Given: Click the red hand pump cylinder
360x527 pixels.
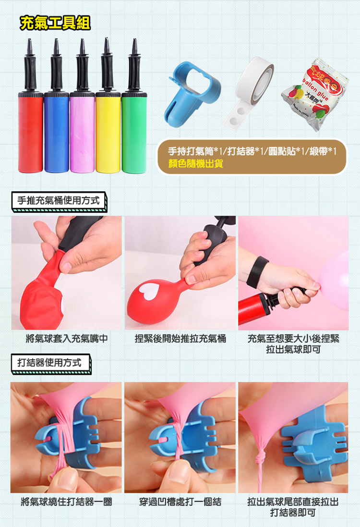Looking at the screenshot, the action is (x=31, y=133).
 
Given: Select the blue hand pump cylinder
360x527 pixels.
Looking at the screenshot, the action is (x=57, y=133).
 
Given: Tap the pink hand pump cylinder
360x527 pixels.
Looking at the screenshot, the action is (x=82, y=133).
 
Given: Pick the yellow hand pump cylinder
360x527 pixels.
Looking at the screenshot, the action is (x=108, y=133).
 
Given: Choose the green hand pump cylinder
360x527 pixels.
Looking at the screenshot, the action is (x=134, y=133).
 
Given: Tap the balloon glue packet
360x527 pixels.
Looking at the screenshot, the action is (x=314, y=94).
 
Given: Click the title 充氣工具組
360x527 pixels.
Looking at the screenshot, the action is (x=55, y=23).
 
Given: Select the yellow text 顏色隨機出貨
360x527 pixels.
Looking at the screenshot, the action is (x=196, y=164).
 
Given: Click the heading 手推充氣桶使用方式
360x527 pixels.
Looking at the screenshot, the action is (x=59, y=201).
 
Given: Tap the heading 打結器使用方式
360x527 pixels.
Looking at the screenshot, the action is (x=49, y=363).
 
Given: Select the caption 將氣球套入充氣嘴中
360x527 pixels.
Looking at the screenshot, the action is (x=67, y=339).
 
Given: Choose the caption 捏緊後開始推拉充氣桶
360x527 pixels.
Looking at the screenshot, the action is (x=180, y=339).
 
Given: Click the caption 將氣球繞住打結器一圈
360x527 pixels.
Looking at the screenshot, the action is (x=66, y=502).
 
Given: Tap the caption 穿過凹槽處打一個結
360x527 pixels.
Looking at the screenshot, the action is (x=180, y=502).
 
